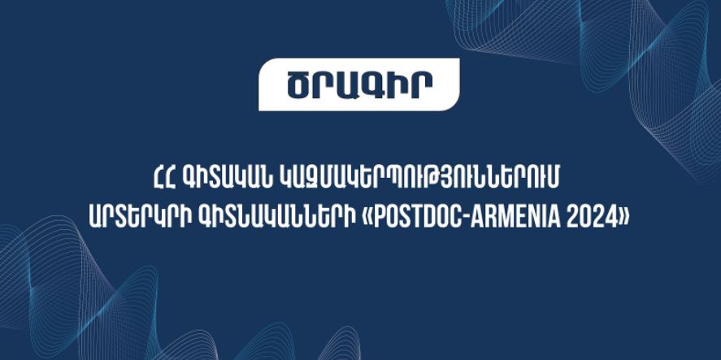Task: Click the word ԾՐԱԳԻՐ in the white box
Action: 359,85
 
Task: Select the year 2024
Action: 590,218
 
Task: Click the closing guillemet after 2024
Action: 623,219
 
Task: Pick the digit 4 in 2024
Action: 607,218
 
